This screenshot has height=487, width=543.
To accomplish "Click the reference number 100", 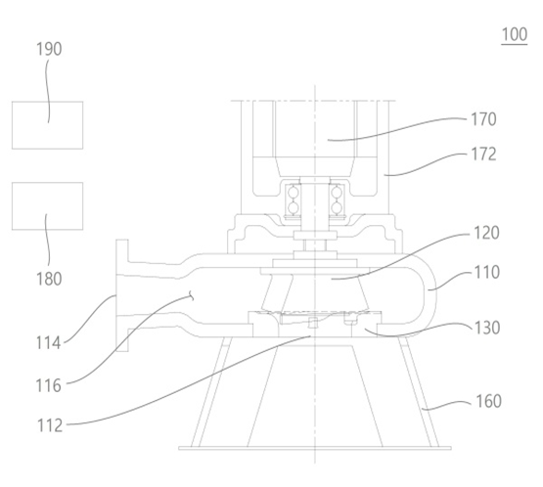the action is tap(515, 34).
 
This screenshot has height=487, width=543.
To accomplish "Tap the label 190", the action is tap(49, 49).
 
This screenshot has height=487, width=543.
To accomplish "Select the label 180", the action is tap(49, 279).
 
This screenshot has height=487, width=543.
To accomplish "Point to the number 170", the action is tap(483, 119).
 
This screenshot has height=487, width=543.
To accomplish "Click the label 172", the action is tap(483, 155).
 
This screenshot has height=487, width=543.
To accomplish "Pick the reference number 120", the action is tap(486, 233).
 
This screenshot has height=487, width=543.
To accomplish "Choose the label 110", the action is tap(486, 273).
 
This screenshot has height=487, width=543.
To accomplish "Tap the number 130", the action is tap(487, 328).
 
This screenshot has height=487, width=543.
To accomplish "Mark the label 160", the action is tap(488, 402).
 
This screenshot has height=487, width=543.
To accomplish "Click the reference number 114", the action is tap(49, 343).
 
